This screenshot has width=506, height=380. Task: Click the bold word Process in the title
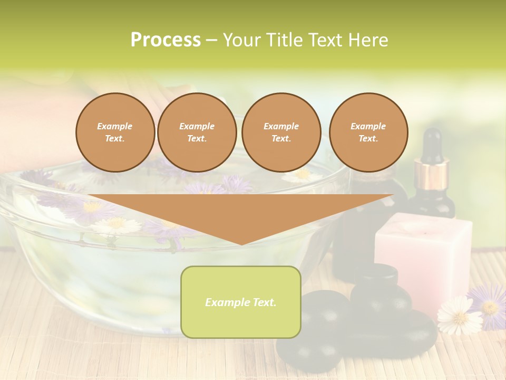point(166,40)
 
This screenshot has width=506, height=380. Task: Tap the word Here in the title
point(368,40)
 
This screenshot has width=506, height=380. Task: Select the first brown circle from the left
point(115,132)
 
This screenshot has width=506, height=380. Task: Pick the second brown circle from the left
point(197,132)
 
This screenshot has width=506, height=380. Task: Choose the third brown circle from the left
point(281,132)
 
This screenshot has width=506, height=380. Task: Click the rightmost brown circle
point(368,132)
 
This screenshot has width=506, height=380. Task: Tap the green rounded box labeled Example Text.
point(241,302)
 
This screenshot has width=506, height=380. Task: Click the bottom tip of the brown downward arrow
point(241,243)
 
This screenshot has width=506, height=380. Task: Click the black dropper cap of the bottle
point(432,143)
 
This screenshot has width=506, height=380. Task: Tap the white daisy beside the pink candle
point(459,315)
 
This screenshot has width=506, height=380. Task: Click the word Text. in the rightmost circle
point(368,139)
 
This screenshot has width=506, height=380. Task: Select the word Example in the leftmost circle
point(115,126)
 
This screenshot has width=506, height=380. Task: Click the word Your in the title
point(241,40)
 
